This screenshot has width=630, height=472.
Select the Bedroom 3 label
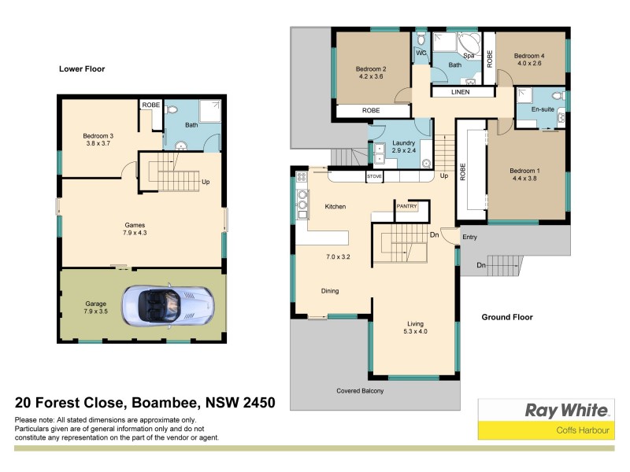98,136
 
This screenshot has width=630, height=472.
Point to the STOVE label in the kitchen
375,177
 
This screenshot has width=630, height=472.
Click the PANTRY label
407,206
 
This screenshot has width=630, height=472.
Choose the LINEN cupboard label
461,93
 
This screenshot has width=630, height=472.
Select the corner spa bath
469,45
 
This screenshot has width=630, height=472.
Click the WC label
421,53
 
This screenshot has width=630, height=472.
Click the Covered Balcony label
360,391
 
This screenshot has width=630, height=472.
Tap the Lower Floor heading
82,69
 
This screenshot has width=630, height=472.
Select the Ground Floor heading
507,317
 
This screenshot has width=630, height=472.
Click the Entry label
470,237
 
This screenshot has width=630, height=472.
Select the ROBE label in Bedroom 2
371,111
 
